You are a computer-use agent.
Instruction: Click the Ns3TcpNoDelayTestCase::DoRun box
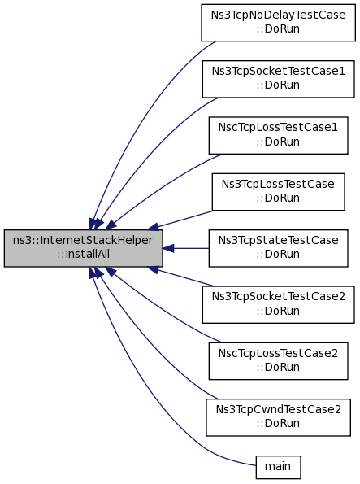278,23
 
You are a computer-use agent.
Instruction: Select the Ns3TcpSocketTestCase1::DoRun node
278,79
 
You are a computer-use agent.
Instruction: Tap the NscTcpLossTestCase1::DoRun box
278,136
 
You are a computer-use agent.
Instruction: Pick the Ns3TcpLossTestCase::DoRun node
278,192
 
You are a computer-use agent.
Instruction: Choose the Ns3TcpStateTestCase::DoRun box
278,248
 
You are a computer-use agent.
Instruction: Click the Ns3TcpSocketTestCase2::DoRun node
278,305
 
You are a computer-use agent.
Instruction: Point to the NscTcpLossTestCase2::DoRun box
278,361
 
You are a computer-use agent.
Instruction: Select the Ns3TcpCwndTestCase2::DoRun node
278,417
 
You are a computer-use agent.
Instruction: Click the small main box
278,468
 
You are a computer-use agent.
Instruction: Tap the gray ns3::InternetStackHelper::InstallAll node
83,248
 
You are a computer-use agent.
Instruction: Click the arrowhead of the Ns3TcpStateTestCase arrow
168,248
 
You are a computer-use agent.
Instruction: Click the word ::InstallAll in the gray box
83,254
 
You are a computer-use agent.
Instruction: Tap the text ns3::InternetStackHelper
83,240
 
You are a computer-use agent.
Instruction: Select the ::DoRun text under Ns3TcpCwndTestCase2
278,423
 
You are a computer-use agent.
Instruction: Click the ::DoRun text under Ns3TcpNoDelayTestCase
278,28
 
